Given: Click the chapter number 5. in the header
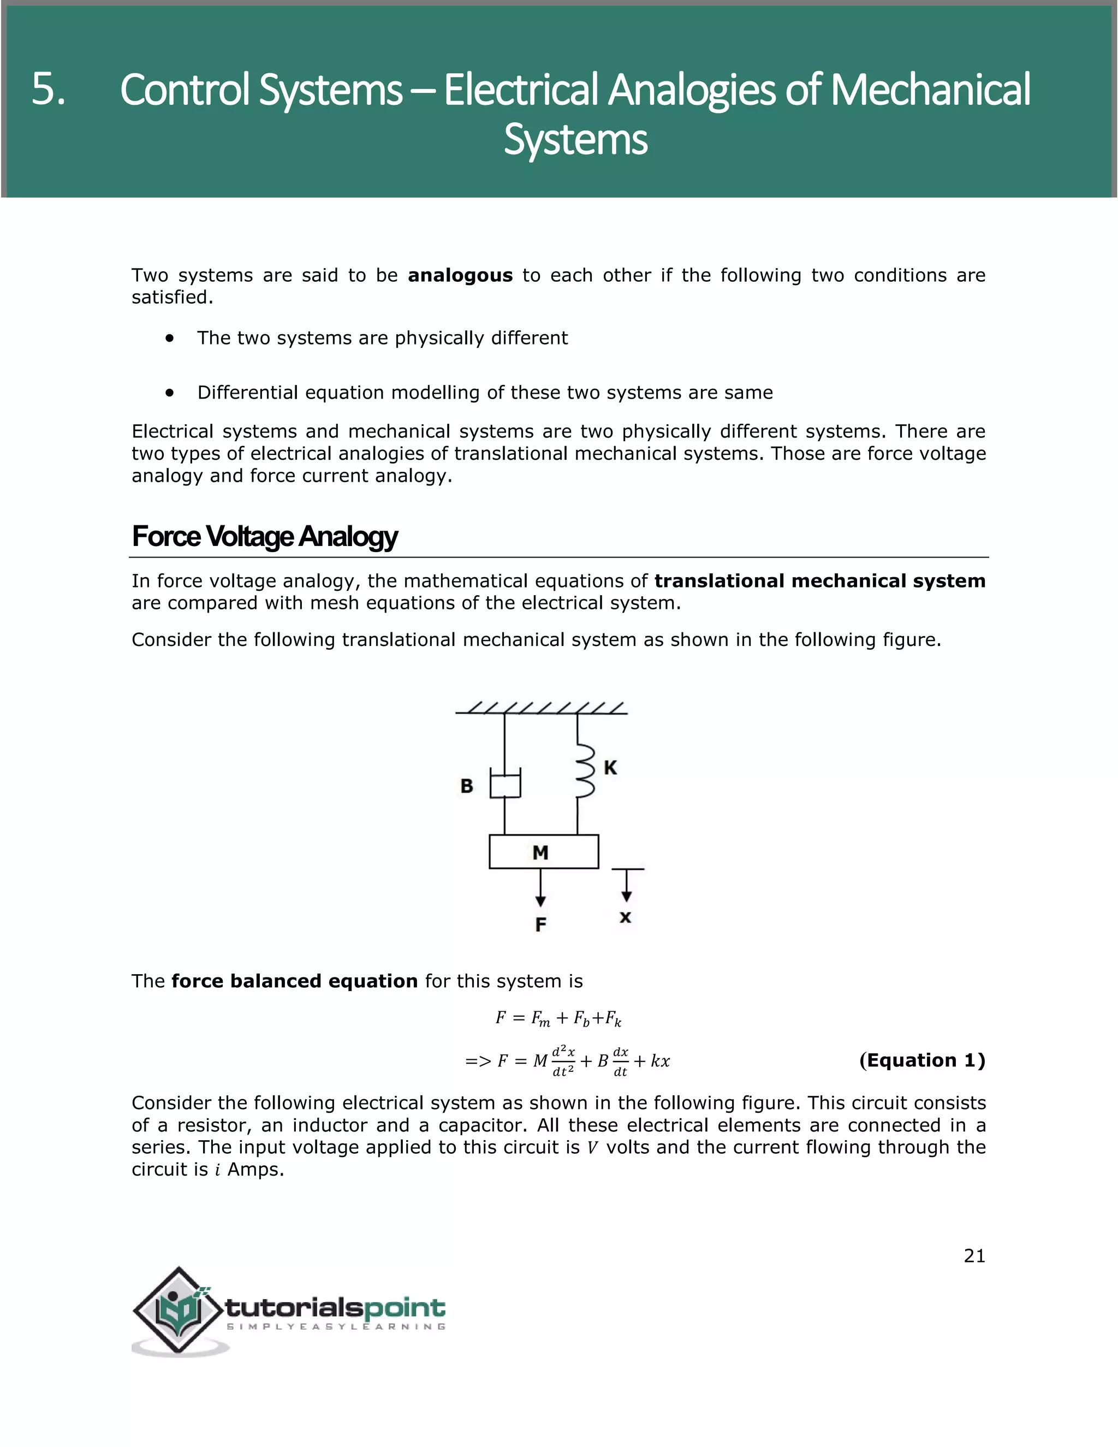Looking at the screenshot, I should coord(49,90).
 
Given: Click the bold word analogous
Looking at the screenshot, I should coord(460,276).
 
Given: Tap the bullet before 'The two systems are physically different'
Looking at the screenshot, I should coord(170,339).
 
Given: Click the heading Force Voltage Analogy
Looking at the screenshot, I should coord(264,537).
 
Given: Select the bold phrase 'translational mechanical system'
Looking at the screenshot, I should coord(819,581).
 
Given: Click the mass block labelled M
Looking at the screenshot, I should coord(543,852).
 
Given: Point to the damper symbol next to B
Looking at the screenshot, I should coord(505,784).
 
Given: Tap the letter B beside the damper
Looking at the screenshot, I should coord(466,786).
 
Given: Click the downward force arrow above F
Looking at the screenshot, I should coord(540,888).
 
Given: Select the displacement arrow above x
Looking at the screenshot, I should coord(626,886).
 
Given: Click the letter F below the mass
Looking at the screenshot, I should coord(540,924).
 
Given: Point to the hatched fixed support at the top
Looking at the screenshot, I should coord(541,708).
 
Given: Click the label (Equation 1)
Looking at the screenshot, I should coord(921,1060).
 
